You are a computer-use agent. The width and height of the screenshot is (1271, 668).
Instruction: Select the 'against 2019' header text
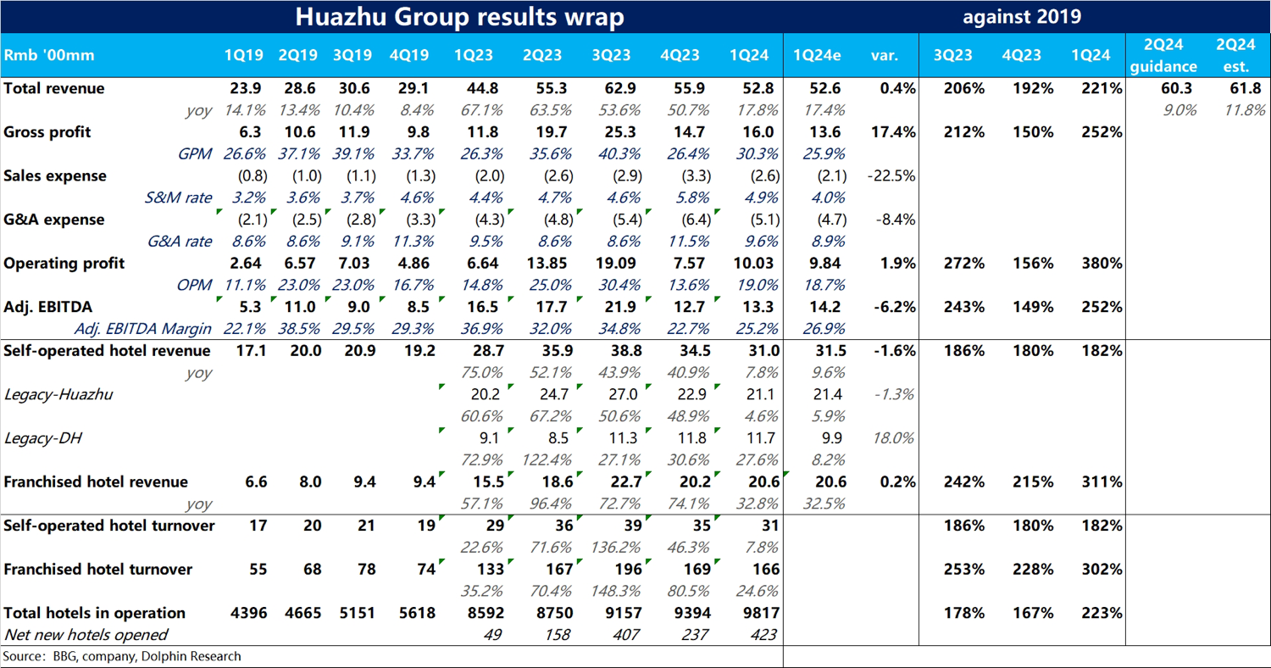(1021, 17)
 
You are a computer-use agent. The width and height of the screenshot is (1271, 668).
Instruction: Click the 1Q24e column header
(816, 56)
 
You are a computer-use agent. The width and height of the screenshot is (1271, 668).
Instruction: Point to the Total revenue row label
(54, 88)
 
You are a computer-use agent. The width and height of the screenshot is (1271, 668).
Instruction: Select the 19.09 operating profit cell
(608, 264)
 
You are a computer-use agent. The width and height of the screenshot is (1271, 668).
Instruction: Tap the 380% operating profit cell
(1102, 264)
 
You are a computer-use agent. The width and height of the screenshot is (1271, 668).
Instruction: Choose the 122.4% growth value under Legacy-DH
(540, 460)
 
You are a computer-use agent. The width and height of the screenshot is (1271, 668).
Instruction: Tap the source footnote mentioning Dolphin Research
(122, 656)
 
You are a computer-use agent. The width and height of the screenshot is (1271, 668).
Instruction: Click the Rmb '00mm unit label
(49, 56)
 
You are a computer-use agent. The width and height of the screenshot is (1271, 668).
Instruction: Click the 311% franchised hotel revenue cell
(1102, 482)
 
